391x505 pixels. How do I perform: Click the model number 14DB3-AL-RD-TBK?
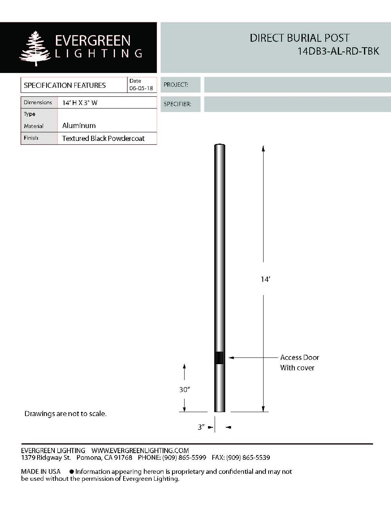point(338,51)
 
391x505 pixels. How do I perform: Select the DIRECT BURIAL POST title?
point(300,38)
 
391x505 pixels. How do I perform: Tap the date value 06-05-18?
point(141,89)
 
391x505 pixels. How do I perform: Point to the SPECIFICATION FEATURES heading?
point(65,85)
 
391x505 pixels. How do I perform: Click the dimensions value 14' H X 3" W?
point(80,103)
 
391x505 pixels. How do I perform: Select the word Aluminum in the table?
point(79,126)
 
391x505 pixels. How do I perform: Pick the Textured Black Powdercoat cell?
point(103,139)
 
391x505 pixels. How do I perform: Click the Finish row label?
point(31,138)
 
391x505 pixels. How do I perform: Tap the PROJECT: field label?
point(176,85)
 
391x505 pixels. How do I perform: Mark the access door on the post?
point(219,357)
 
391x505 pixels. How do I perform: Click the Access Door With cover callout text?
point(299,363)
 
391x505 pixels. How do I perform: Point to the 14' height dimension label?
point(265,279)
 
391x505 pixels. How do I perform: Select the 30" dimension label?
point(184,389)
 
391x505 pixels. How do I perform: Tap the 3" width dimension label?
point(201,427)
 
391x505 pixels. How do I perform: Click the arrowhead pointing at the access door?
point(231,357)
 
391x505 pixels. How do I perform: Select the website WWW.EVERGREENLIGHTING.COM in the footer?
point(140,450)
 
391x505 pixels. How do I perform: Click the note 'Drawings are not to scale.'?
point(65,414)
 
